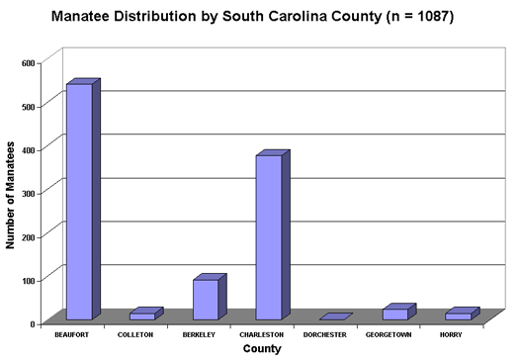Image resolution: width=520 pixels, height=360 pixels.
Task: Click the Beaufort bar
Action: click(x=78, y=202)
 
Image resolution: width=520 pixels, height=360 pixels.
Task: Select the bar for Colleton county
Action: click(x=142, y=315)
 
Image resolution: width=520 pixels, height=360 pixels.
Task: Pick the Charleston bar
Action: click(x=269, y=237)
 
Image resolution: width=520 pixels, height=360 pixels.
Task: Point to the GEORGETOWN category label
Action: click(x=388, y=335)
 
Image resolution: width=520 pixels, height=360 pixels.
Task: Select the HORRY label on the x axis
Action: click(x=451, y=335)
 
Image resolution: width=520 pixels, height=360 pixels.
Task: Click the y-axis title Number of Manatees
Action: click(x=10, y=193)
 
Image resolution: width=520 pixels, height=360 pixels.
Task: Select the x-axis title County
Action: click(x=261, y=349)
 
